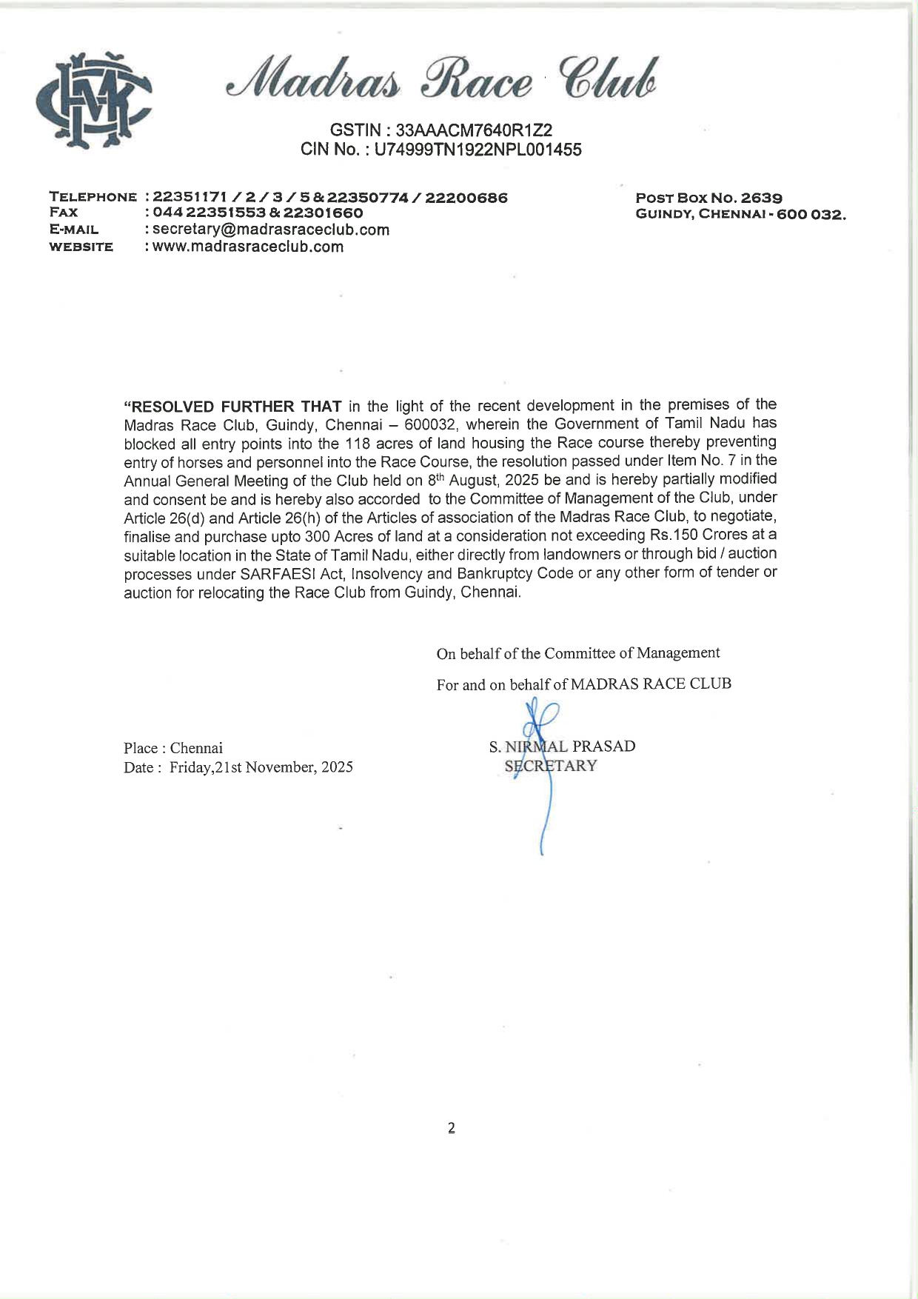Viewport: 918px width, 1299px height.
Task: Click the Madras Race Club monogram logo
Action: click(x=93, y=99)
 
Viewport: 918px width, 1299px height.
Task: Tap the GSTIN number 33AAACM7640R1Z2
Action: click(x=474, y=130)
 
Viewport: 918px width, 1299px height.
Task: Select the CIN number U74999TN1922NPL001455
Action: click(x=478, y=150)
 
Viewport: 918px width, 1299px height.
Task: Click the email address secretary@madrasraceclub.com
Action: click(x=271, y=230)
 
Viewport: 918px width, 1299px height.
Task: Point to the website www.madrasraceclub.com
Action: click(x=248, y=247)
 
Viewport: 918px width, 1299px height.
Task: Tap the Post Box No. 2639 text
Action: click(x=708, y=198)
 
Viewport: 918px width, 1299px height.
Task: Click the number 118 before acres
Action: click(x=358, y=444)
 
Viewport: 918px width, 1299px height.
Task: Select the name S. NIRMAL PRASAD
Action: click(x=562, y=747)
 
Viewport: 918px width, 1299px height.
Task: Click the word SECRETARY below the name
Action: click(x=551, y=766)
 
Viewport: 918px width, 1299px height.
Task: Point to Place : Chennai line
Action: click(x=173, y=748)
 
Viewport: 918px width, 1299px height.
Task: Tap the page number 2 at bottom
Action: click(x=452, y=1128)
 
